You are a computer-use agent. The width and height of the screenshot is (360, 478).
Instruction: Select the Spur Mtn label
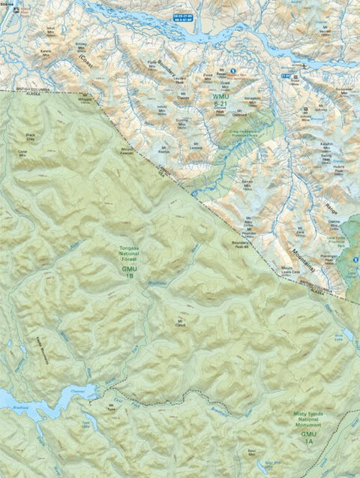click(253, 452)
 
